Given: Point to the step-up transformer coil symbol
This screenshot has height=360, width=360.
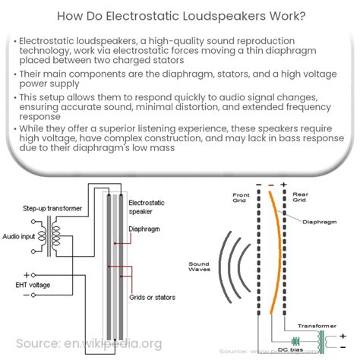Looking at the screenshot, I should pyautogui.click(x=55, y=237).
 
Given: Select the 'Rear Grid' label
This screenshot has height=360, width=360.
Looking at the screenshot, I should pyautogui.click(x=300, y=198).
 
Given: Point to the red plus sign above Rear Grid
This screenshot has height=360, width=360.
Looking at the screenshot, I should pyautogui.click(x=283, y=185).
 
